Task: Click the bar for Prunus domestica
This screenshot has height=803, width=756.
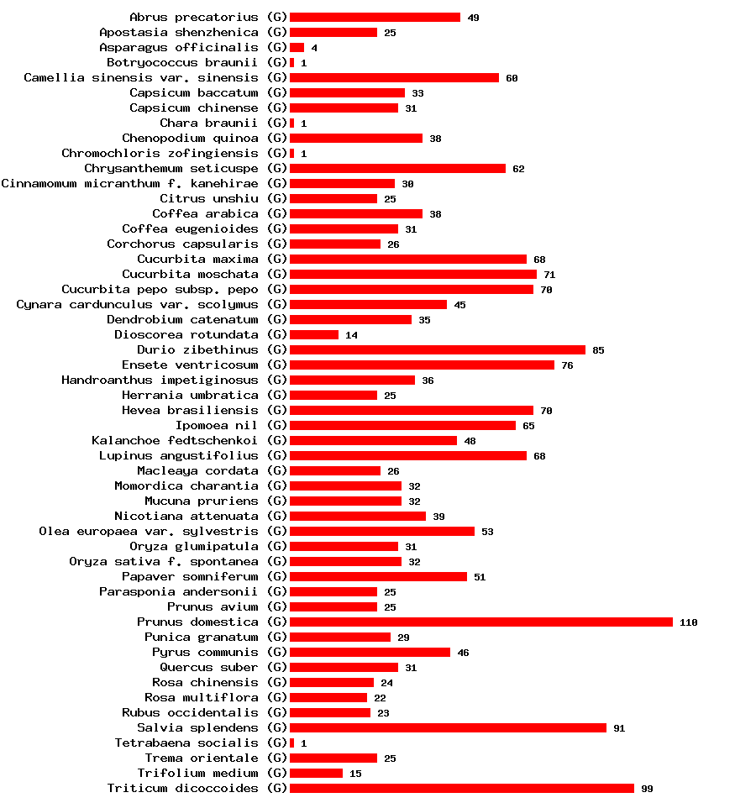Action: [x=480, y=622]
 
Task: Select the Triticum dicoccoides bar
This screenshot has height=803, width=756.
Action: [x=461, y=788]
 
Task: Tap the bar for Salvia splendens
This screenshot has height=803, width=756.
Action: [x=448, y=727]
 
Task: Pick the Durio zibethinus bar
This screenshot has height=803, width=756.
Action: [x=437, y=349]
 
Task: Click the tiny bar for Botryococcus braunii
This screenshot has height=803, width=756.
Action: [x=291, y=62]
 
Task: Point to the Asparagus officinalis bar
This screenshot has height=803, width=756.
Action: [x=297, y=47]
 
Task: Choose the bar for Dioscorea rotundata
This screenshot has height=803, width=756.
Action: [x=314, y=334]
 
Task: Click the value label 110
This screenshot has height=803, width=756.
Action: [x=688, y=622]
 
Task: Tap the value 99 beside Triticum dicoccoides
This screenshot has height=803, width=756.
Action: [x=646, y=789]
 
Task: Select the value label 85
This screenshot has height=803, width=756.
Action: [x=597, y=350]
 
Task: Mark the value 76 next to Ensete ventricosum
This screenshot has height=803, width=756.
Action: [x=567, y=365]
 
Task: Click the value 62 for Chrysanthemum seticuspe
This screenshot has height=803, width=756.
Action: [x=518, y=169]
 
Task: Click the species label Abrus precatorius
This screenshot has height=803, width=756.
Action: [x=194, y=17]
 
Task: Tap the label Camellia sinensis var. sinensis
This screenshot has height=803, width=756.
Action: [x=141, y=77]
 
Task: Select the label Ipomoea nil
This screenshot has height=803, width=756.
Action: [x=217, y=425]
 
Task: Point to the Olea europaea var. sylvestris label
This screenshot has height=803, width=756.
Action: [x=149, y=531]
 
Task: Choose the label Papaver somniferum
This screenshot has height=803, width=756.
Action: [x=190, y=576]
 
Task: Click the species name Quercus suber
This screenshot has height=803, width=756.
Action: [x=209, y=667]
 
